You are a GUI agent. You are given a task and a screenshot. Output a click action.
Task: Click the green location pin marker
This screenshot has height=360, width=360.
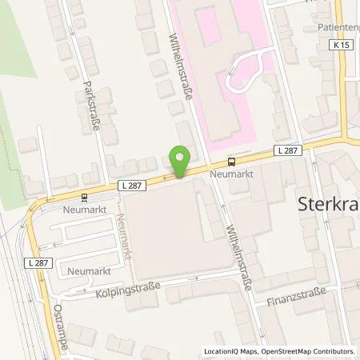181,162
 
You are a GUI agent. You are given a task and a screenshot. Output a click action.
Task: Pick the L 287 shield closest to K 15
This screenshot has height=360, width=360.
285,150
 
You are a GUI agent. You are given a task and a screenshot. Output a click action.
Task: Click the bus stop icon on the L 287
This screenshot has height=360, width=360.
231,159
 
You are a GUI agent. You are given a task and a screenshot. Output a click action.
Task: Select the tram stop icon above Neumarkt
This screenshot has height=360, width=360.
84,196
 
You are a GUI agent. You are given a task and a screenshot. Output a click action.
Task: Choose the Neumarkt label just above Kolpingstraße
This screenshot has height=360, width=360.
83,270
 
